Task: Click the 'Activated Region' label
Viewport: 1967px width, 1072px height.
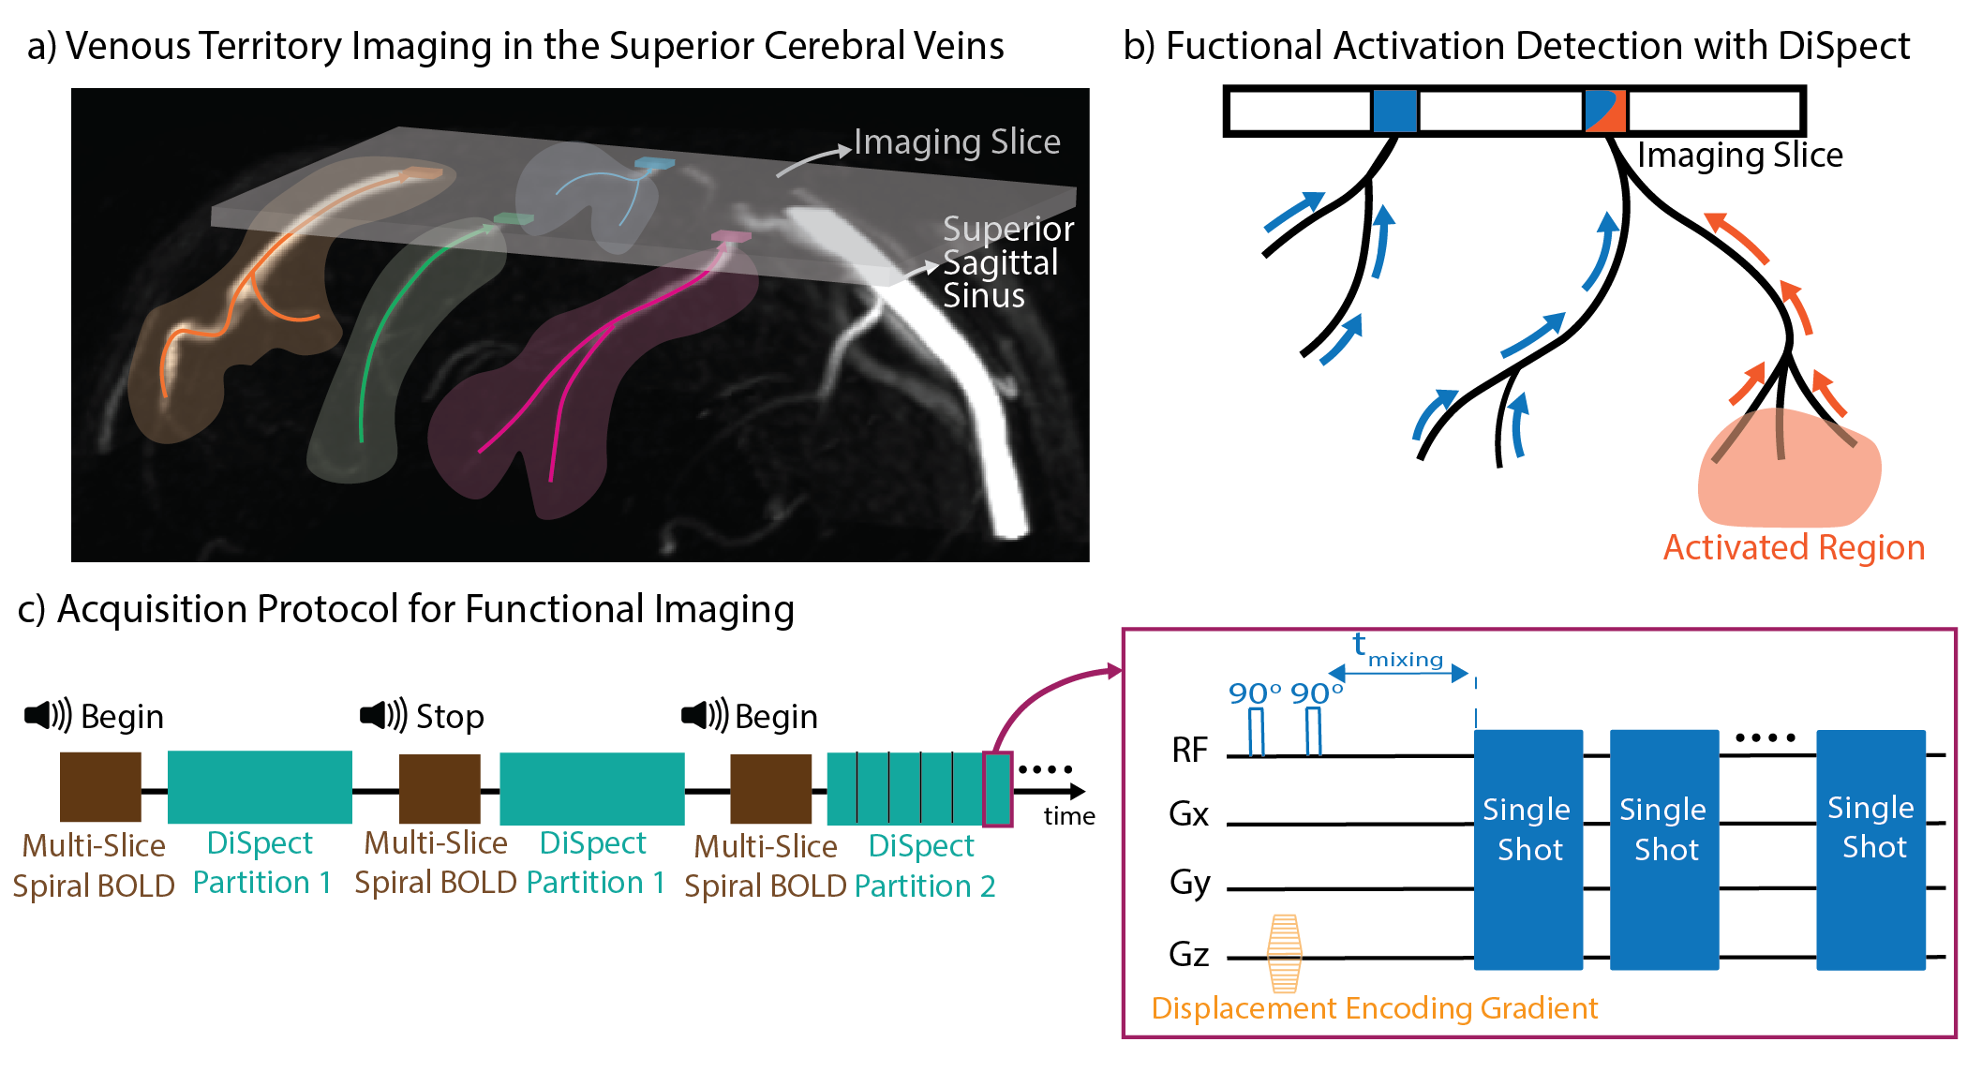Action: pyautogui.click(x=1794, y=547)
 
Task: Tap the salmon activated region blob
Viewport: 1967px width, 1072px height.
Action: pyautogui.click(x=1788, y=469)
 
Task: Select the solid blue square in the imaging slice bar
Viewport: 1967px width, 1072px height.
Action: pyautogui.click(x=1395, y=111)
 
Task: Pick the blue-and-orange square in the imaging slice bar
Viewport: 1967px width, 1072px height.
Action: pyautogui.click(x=1605, y=111)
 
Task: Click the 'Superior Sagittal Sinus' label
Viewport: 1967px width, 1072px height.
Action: pyautogui.click(x=1008, y=261)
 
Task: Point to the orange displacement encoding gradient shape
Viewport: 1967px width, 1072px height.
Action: pyautogui.click(x=1285, y=954)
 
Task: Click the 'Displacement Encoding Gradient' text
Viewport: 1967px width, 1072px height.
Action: pyautogui.click(x=1375, y=1008)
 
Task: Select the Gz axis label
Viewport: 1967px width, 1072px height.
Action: pyautogui.click(x=1189, y=955)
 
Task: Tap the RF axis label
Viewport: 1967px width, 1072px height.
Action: pyautogui.click(x=1190, y=751)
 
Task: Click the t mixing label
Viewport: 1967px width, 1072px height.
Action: pyautogui.click(x=1397, y=649)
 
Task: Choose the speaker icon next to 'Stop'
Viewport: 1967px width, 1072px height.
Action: pyautogui.click(x=383, y=715)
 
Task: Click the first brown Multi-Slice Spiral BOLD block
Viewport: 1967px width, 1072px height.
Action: pyautogui.click(x=100, y=787)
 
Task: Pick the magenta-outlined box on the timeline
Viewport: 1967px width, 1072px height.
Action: pyautogui.click(x=998, y=789)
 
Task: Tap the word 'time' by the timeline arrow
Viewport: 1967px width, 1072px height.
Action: pyautogui.click(x=1069, y=816)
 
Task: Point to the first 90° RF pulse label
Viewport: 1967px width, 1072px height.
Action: pyautogui.click(x=1255, y=693)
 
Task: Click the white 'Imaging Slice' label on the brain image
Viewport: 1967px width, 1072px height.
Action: pyautogui.click(x=957, y=142)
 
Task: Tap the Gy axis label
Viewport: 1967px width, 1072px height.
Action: pyautogui.click(x=1190, y=885)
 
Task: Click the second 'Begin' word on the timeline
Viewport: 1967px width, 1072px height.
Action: pyautogui.click(x=776, y=717)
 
